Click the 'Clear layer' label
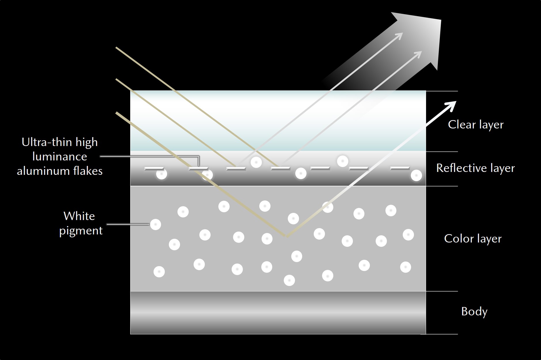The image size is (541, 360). (x=476, y=125)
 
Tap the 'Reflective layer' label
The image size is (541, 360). (x=475, y=168)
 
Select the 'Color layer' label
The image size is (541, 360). (x=473, y=239)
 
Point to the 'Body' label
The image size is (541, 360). (x=474, y=312)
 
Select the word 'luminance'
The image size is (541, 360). (x=60, y=157)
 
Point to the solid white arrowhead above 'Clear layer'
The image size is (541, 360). (x=451, y=106)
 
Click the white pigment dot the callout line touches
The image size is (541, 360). (x=156, y=224)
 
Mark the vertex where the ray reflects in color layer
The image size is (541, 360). (x=286, y=236)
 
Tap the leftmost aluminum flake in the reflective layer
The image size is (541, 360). (x=154, y=168)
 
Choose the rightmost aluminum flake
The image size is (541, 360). (x=400, y=168)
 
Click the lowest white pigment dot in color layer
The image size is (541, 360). (x=289, y=280)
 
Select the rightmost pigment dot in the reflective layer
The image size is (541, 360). (x=416, y=175)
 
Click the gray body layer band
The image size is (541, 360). (x=278, y=312)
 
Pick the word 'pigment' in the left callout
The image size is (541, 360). (x=81, y=231)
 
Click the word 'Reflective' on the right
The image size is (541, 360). (x=458, y=168)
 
